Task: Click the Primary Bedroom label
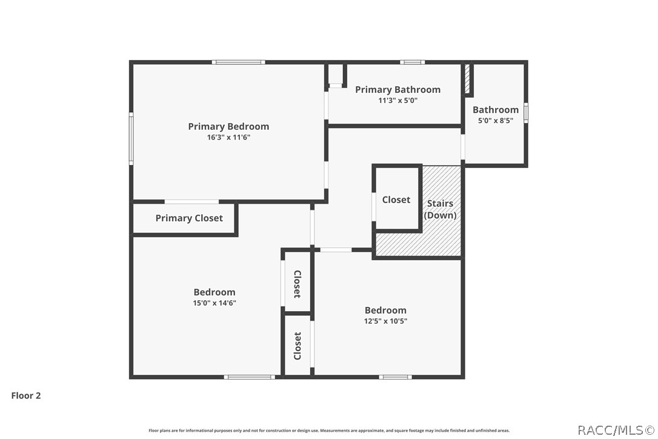(228, 127)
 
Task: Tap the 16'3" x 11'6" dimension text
(228, 137)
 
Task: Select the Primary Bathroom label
(398, 90)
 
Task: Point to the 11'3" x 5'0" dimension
(398, 101)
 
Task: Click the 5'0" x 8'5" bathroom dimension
(496, 121)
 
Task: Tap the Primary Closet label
(189, 218)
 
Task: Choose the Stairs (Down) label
(440, 209)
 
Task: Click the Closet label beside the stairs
(396, 199)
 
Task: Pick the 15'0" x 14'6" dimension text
(214, 303)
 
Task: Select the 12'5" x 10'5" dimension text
(386, 321)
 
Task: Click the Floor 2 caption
(26, 395)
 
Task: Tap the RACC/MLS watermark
(616, 430)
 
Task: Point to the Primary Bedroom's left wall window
(131, 138)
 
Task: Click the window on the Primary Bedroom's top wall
(238, 62)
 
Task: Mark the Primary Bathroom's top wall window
(412, 62)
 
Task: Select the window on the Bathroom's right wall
(526, 113)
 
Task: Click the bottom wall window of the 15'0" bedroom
(249, 377)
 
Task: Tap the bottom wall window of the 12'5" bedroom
(395, 377)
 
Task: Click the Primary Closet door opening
(192, 202)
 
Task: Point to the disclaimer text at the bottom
(329, 430)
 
